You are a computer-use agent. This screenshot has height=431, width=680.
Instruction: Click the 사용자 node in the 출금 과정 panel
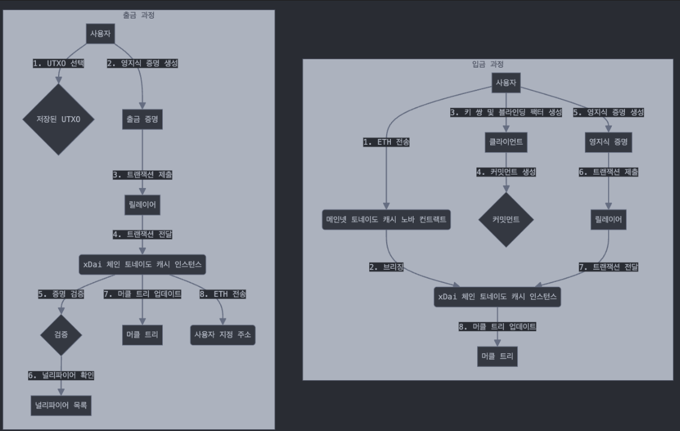coord(101,34)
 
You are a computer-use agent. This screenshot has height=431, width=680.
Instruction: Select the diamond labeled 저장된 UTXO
coord(58,119)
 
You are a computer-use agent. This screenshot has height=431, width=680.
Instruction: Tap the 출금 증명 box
coord(142,119)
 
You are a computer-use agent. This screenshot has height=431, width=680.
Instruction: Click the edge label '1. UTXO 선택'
coord(58,63)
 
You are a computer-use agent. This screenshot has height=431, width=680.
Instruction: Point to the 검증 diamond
coord(60,335)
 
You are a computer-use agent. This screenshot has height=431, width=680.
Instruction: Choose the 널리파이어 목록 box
coord(60,405)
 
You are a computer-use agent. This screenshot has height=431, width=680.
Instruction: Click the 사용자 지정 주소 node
coord(223,335)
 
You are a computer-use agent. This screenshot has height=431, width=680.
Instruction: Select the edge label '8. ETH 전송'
coord(223,294)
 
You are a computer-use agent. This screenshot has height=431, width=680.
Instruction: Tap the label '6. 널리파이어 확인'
coord(60,375)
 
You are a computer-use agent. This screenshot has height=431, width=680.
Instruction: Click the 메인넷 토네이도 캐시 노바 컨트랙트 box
coord(386,220)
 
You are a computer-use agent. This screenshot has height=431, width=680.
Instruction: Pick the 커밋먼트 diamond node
coord(506,220)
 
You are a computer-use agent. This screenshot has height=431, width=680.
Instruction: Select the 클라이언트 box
coord(506,142)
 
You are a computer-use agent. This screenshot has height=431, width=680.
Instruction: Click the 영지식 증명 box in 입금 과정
coord(608,142)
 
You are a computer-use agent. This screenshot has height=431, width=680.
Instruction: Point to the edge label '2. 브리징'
coord(386,268)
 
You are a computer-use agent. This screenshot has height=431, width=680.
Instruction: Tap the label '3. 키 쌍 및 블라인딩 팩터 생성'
coord(506,112)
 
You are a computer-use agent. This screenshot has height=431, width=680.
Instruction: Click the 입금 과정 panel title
coord(487,64)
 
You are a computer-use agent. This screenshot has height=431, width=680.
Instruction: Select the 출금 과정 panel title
coord(138,15)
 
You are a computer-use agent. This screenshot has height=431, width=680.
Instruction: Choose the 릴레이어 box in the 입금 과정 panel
coord(608,220)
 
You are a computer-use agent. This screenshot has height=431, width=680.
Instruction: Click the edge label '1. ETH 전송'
coord(386,142)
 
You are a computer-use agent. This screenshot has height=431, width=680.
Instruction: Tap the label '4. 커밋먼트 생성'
coord(506,172)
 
